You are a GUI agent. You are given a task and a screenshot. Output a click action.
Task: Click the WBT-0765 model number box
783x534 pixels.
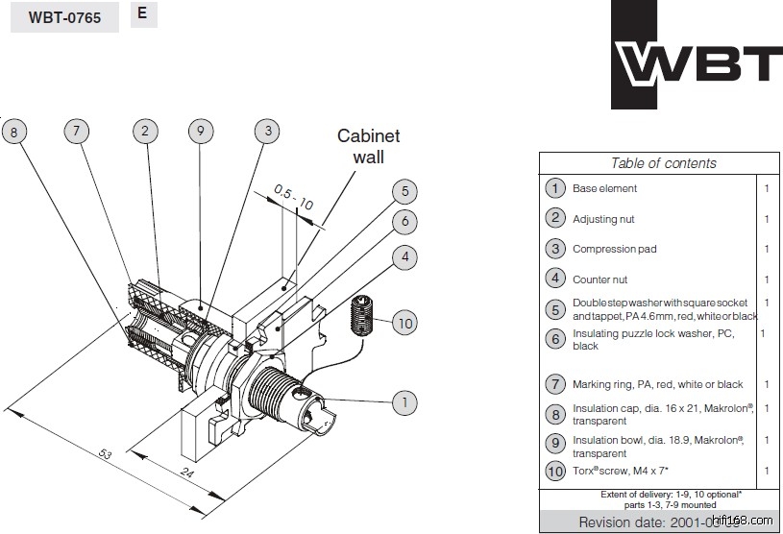click(64, 17)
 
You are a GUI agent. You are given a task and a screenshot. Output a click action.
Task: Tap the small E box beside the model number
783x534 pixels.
click(143, 14)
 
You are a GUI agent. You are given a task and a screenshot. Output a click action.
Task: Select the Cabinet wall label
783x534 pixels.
click(368, 146)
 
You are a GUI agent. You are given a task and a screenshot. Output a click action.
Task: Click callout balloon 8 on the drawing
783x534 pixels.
click(14, 132)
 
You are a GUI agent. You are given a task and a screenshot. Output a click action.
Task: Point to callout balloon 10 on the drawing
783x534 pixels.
click(404, 324)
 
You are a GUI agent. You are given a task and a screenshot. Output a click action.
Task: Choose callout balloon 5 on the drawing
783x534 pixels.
click(404, 192)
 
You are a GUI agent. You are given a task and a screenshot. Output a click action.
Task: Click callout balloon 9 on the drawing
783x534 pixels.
click(200, 132)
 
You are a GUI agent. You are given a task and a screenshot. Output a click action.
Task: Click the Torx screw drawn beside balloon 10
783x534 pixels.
click(360, 314)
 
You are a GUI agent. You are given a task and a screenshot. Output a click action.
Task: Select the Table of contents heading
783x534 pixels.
click(663, 163)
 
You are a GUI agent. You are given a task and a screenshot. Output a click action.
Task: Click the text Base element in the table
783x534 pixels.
click(604, 189)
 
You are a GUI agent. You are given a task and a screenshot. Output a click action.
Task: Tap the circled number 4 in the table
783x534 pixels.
click(554, 279)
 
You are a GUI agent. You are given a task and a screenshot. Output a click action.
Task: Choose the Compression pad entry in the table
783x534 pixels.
click(614, 249)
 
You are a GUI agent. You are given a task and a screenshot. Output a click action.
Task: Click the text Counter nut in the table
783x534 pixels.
click(599, 279)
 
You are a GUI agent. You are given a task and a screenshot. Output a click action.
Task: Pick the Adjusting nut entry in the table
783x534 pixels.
click(603, 219)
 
